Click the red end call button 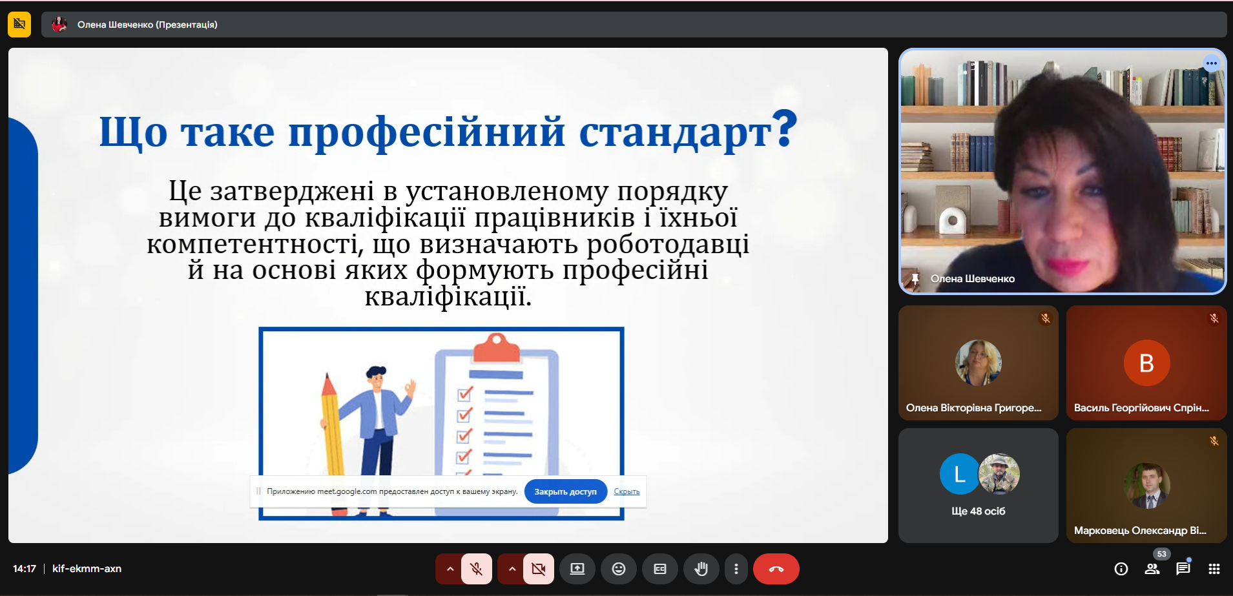[776, 569]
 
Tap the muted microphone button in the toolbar [477, 569]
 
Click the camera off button [538, 569]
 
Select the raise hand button [701, 569]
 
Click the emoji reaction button [619, 569]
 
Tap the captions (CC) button [660, 569]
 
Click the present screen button [577, 569]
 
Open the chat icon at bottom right [1183, 569]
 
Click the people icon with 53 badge [1152, 569]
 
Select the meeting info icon [1121, 569]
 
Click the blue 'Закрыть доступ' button [566, 491]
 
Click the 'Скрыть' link [627, 491]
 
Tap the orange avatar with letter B [1146, 363]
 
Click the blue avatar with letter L [960, 474]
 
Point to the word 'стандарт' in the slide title [675, 132]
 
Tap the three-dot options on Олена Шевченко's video [1211, 63]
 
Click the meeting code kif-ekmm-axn [87, 569]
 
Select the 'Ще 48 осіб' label [978, 511]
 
